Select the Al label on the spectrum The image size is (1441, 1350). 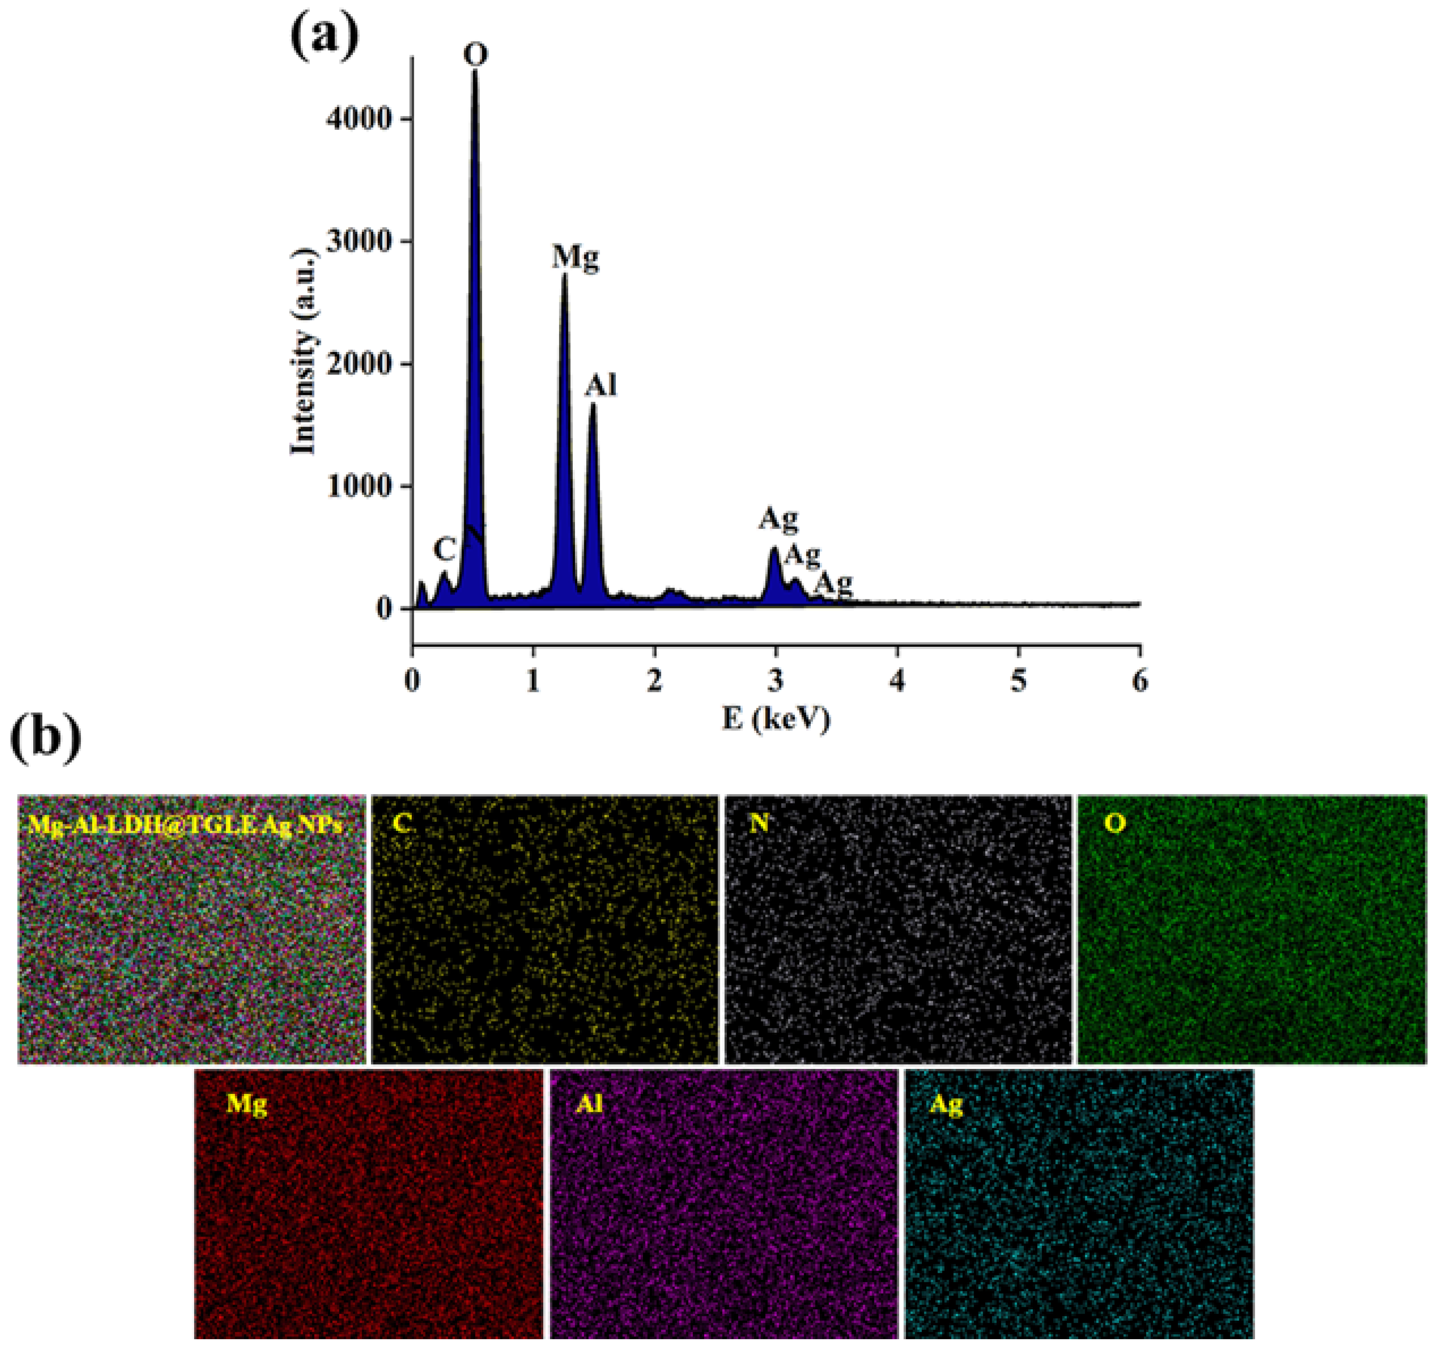[x=601, y=386]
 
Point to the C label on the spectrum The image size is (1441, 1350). [x=444, y=549]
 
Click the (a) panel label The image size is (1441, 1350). [x=324, y=38]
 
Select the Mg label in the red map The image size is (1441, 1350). [x=247, y=1104]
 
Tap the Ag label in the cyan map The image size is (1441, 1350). [x=946, y=1104]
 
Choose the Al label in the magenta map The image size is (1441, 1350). [x=589, y=1104]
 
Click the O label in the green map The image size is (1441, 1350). [x=1115, y=824]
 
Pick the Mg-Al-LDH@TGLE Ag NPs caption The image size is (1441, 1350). [x=185, y=824]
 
